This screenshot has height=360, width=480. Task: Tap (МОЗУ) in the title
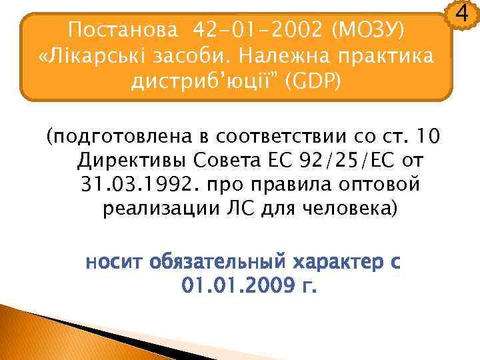point(369,29)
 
